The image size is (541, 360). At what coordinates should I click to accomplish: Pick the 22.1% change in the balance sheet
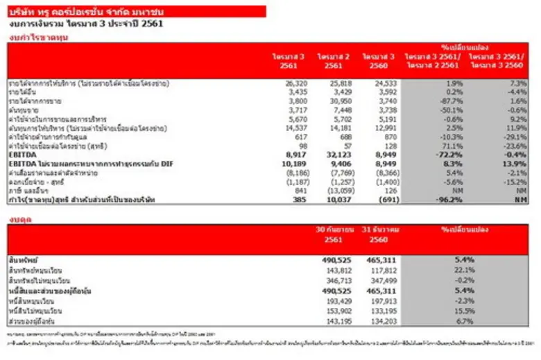click(x=463, y=271)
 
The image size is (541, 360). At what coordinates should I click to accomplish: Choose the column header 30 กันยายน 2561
click(x=338, y=234)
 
